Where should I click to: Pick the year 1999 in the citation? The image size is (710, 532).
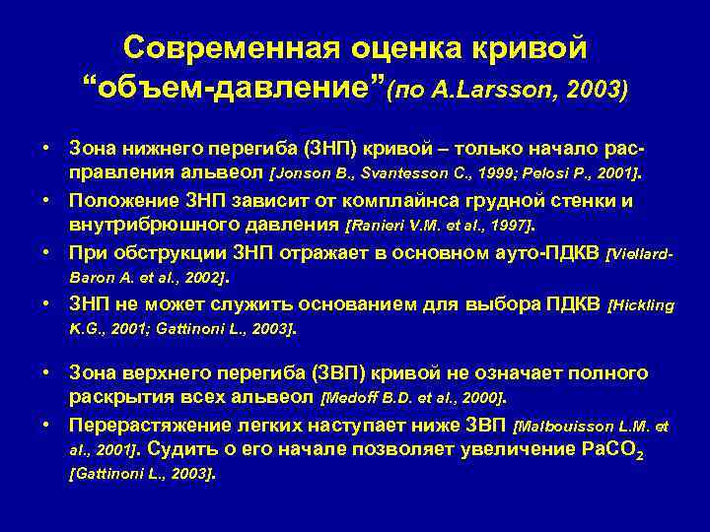[x=469, y=174]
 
